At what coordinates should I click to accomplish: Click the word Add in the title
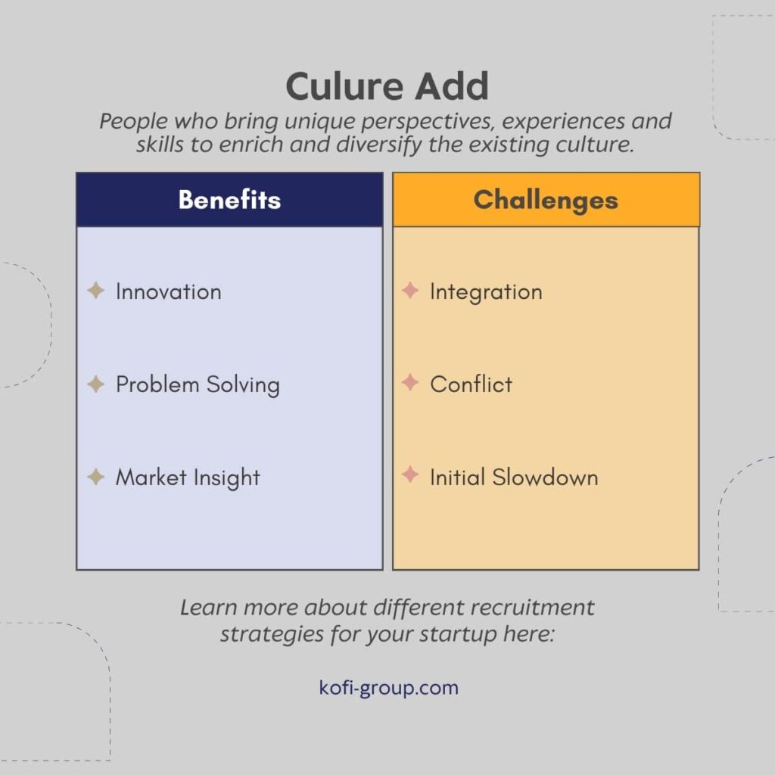pyautogui.click(x=451, y=88)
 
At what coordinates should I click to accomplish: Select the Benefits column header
pyautogui.click(x=229, y=200)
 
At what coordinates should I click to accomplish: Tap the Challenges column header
pyautogui.click(x=546, y=200)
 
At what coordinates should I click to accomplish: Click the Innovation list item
pyautogui.click(x=168, y=291)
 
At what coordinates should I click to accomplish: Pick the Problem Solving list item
pyautogui.click(x=198, y=384)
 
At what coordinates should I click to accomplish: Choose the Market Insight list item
pyautogui.click(x=188, y=478)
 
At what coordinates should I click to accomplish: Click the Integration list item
pyautogui.click(x=486, y=291)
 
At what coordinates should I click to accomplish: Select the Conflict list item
pyautogui.click(x=471, y=384)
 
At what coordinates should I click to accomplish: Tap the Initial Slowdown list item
pyautogui.click(x=514, y=478)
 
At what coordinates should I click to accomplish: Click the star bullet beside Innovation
pyautogui.click(x=96, y=291)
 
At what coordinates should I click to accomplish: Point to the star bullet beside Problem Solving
pyautogui.click(x=96, y=384)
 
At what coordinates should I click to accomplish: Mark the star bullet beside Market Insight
pyautogui.click(x=96, y=477)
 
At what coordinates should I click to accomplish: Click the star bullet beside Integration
pyautogui.click(x=410, y=291)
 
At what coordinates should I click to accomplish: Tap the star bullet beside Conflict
pyautogui.click(x=410, y=384)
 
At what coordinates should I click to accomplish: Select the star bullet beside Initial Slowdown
pyautogui.click(x=410, y=476)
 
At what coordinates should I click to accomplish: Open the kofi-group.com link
pyautogui.click(x=388, y=688)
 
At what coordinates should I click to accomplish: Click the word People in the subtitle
pyautogui.click(x=129, y=121)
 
